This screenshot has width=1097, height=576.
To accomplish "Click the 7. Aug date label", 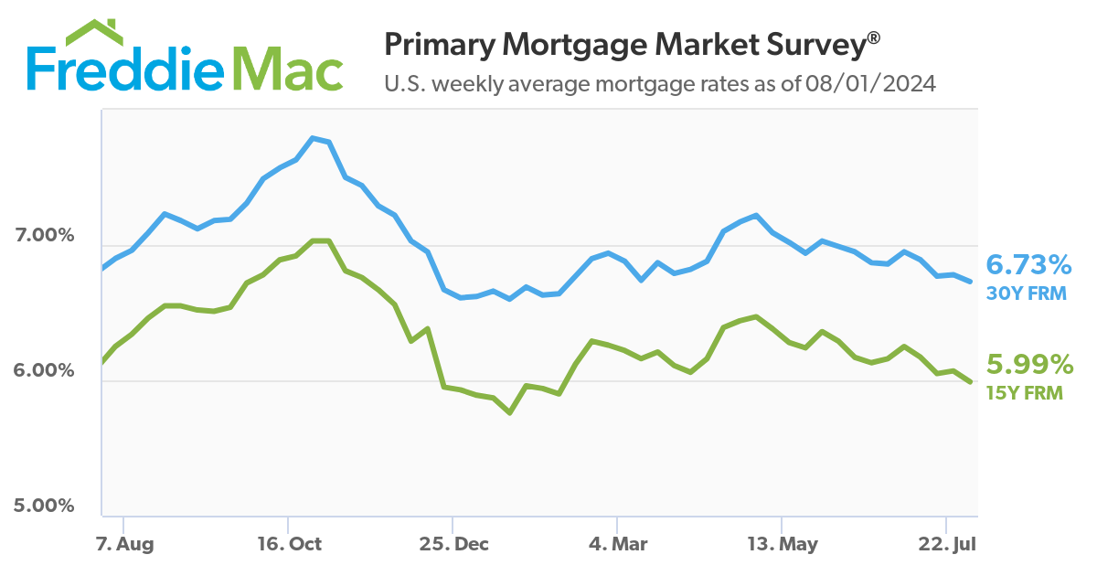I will click(125, 544).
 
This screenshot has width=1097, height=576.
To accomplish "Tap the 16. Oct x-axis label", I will click(290, 544).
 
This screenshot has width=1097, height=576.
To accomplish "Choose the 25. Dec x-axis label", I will click(454, 544).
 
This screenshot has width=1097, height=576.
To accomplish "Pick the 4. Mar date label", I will click(618, 544).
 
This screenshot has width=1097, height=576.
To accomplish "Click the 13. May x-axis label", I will click(783, 544).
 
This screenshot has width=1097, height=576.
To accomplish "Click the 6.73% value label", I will click(1028, 266).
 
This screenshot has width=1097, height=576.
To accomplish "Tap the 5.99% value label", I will click(1028, 366).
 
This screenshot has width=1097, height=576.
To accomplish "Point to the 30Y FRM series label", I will click(1026, 293).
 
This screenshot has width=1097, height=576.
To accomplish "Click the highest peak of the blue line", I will click(313, 138).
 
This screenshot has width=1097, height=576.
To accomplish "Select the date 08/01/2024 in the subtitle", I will click(871, 84).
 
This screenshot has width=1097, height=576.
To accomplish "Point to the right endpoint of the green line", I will click(970, 381).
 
